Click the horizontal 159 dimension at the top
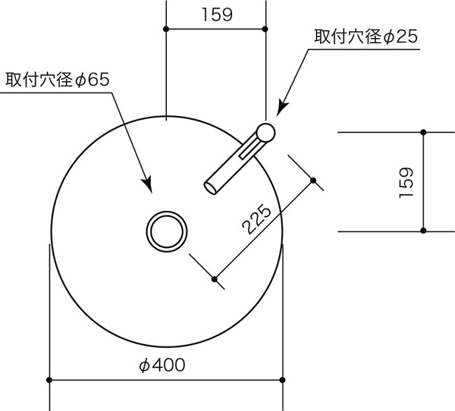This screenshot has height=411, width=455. coord(217,14)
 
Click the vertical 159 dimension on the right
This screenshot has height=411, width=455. coord(406,183)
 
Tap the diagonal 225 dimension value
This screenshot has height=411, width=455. coord(256,219)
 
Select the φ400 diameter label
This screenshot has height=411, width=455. coord(162,365)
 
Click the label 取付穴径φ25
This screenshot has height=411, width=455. coord(366,36)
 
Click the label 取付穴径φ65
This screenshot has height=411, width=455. coord(58,80)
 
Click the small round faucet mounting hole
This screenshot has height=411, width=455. coord(265,133)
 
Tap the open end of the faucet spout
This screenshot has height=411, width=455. coord(210,188)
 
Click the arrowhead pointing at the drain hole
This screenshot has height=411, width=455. coord(148,184)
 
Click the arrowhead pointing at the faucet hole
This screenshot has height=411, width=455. coord(282,108)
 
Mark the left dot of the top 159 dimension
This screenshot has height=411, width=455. coord(166,29)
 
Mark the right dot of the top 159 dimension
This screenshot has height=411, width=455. coord(265,29)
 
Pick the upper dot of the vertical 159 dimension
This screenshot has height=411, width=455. coord(423,133)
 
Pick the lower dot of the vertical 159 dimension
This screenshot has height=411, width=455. coord(423,231)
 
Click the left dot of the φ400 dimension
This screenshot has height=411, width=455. coord(49,380)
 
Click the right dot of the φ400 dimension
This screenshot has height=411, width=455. coord(282,380)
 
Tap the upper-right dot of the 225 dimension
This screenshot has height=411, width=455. coord(313,180)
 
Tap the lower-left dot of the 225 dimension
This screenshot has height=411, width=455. coord(215,279)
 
